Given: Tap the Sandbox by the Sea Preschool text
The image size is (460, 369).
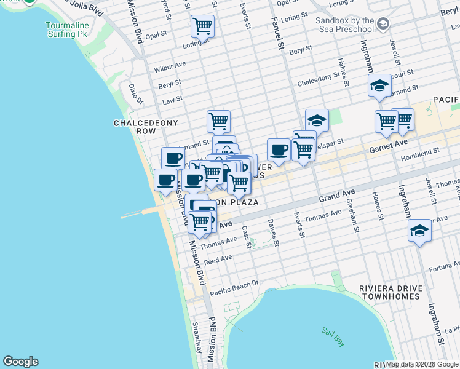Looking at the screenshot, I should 344,25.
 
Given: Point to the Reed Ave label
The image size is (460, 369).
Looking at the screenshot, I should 218,260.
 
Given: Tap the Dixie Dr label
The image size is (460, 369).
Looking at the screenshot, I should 135,93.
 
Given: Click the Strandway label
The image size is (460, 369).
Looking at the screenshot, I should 196,336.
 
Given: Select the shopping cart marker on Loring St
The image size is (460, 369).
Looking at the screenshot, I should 202,26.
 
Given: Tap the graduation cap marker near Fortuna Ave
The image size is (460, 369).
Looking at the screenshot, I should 420,231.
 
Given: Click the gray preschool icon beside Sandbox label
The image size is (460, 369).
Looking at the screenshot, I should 383,24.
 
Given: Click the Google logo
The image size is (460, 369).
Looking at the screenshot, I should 20,362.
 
